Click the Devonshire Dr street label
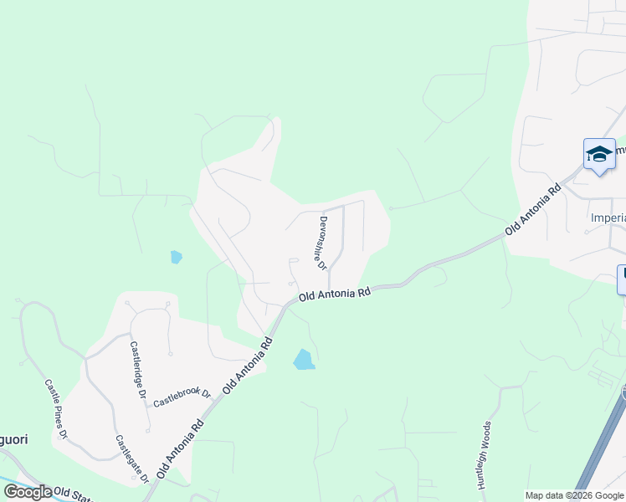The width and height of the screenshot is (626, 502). pos(322,243)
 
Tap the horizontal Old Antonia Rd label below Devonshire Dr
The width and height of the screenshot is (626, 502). pos(335,295)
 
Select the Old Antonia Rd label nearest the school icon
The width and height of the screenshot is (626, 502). pos(532,209)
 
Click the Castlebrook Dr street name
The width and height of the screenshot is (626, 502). pos(182,397)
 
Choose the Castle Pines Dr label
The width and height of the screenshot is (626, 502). pos(55,409)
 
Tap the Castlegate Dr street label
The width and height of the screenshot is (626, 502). pos(132,458)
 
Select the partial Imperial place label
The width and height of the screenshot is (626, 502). pos(608,218)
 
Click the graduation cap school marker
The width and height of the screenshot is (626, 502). pos(599,154)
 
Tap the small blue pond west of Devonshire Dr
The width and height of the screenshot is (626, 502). pos(176,257)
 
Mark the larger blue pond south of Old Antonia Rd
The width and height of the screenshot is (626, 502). pos(304,360)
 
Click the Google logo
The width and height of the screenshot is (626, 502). pos(28,492)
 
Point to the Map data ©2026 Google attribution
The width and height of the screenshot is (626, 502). pos(574,495)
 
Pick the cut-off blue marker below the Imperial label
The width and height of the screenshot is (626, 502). pos(622,279)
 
